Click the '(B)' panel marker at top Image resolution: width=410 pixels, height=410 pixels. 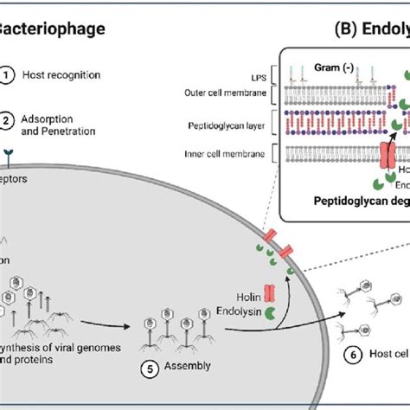[348, 29]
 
